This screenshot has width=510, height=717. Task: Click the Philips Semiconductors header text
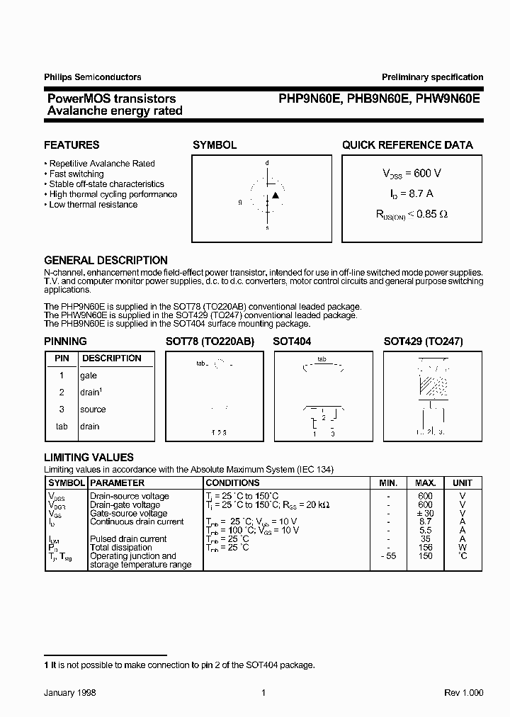click(x=93, y=77)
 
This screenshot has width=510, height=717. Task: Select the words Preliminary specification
click(x=432, y=77)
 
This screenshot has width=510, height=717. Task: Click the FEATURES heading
click(x=72, y=145)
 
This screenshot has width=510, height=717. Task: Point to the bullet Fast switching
click(x=76, y=174)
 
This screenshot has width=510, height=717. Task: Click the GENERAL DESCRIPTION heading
click(x=106, y=260)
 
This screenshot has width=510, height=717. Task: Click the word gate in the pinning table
click(x=89, y=376)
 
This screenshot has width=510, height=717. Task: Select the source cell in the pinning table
click(x=93, y=410)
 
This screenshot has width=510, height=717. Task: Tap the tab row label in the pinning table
click(x=62, y=427)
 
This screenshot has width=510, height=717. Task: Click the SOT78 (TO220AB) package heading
click(x=210, y=341)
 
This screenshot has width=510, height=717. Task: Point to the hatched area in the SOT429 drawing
click(x=433, y=385)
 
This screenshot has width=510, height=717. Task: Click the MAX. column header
click(x=425, y=482)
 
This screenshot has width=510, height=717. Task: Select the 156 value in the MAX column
click(x=425, y=548)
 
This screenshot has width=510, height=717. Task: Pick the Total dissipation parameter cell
click(x=120, y=548)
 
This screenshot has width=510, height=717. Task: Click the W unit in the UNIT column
click(x=463, y=548)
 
